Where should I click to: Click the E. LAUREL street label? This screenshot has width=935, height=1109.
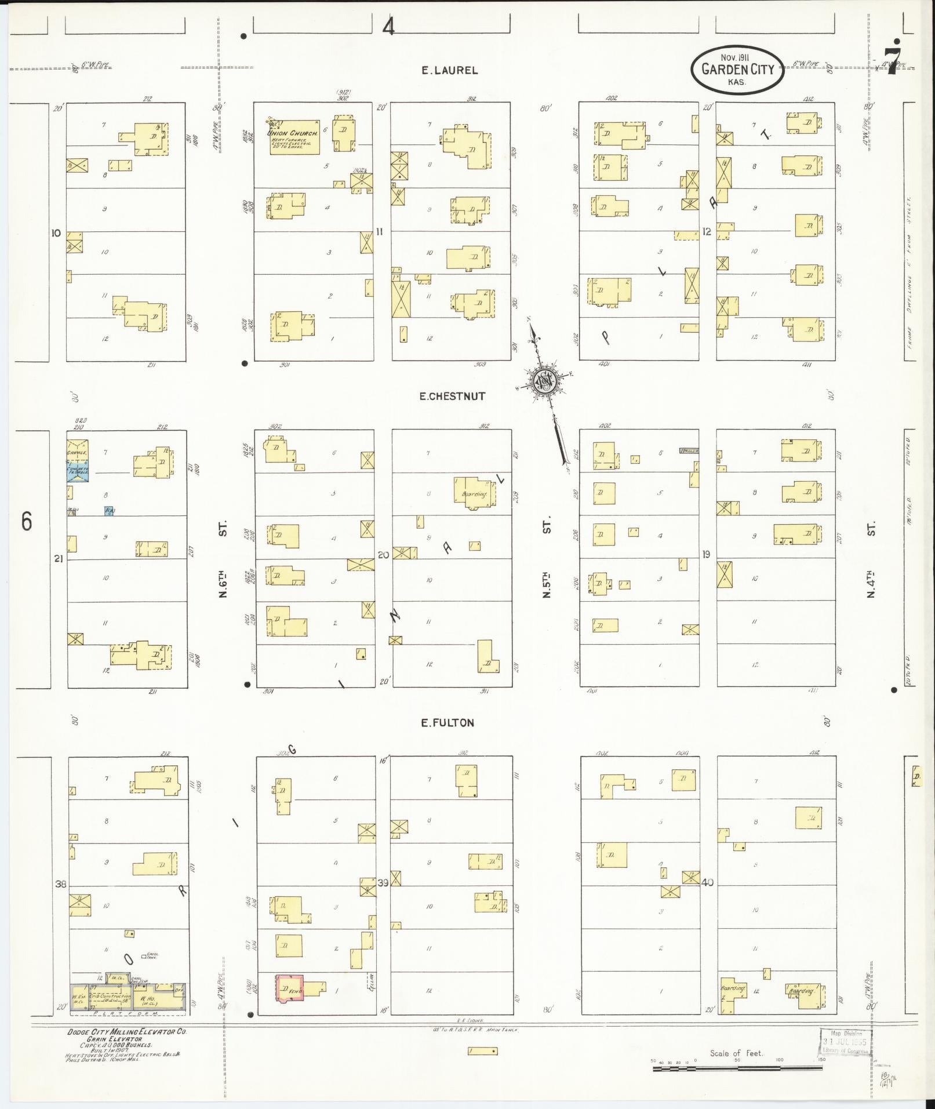click(x=449, y=71)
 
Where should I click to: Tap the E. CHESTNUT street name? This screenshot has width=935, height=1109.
click(x=452, y=397)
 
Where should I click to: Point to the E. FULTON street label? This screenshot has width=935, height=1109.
click(x=447, y=722)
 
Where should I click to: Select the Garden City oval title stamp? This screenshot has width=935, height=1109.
click(x=737, y=70)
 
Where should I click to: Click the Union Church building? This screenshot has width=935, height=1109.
click(x=294, y=137)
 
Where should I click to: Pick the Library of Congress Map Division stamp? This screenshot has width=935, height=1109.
click(x=846, y=1042)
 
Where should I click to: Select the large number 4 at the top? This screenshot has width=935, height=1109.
click(x=388, y=27)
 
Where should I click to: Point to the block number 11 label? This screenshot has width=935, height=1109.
click(x=380, y=231)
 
